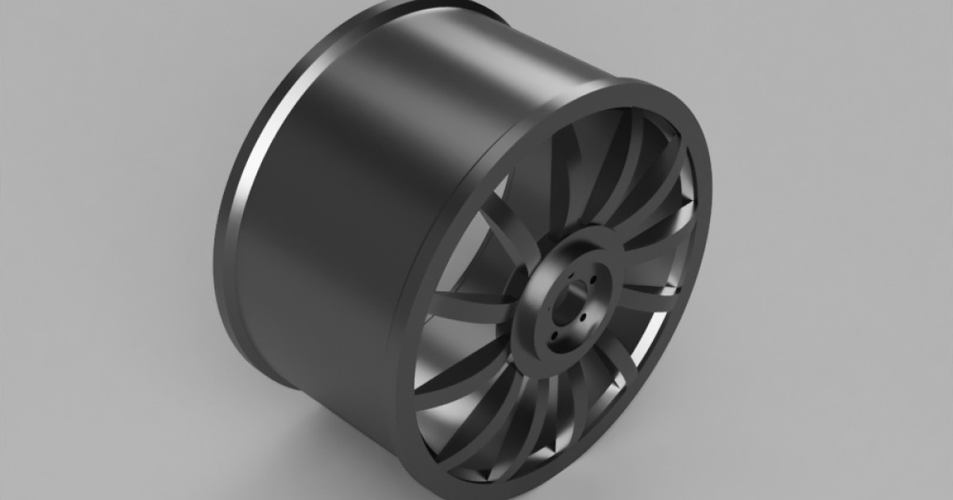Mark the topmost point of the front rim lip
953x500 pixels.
click(x=635, y=82)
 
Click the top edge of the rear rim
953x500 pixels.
click(x=429, y=4)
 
